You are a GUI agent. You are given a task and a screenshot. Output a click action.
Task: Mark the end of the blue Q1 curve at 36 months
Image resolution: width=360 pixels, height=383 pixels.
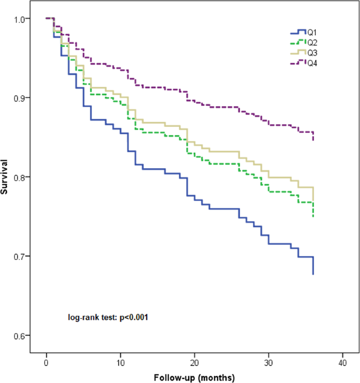313,274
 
